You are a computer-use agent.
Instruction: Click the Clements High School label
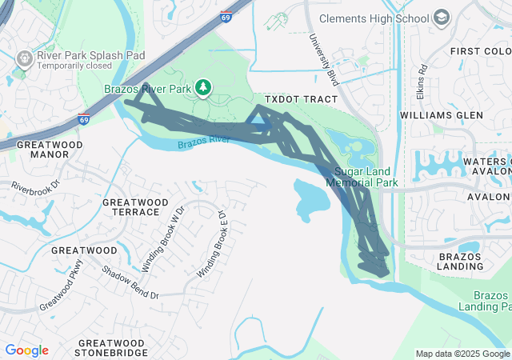tap(374, 18)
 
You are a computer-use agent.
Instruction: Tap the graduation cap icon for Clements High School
tap(441, 18)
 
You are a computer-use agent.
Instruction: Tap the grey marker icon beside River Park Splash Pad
tap(25, 58)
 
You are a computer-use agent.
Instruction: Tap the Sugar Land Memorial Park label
tap(366, 177)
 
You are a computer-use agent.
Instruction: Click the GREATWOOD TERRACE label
tap(136, 206)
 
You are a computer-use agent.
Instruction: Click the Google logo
tap(27, 350)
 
